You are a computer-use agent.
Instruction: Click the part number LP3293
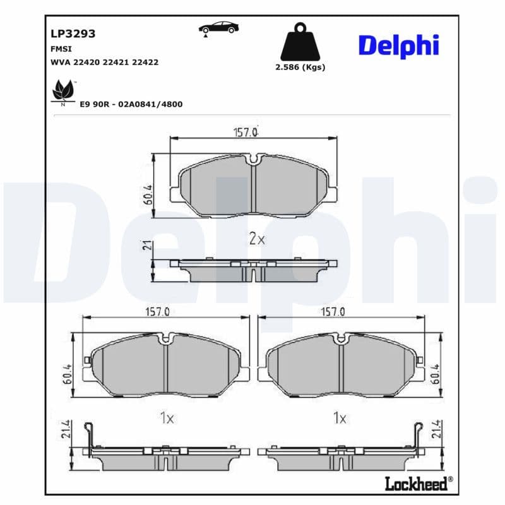coord(73,34)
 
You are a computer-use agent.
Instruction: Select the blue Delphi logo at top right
coord(398,46)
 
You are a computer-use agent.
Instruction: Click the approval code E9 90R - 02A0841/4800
coord(131,104)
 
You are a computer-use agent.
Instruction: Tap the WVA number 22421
coord(117,62)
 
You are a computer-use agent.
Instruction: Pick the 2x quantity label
coord(256,239)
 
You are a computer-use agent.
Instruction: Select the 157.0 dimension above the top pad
coord(247,132)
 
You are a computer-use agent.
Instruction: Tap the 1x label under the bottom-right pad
coord(340,418)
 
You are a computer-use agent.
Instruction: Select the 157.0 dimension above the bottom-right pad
coord(333,311)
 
